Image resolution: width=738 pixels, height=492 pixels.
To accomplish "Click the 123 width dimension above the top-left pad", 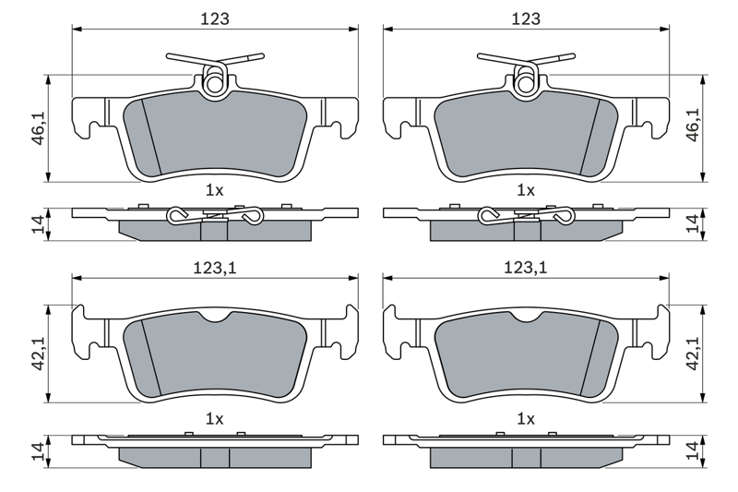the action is pyautogui.click(x=215, y=18).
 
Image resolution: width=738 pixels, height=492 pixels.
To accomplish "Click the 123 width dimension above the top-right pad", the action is pyautogui.click(x=526, y=18).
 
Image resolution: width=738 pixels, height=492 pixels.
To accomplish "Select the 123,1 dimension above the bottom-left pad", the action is pyautogui.click(x=215, y=268).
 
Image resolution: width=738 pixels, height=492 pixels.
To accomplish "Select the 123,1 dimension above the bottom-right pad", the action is pyautogui.click(x=526, y=268).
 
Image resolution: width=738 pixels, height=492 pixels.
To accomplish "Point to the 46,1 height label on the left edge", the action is pyautogui.click(x=39, y=128).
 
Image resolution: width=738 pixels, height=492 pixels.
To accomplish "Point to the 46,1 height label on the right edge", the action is pyautogui.click(x=694, y=125).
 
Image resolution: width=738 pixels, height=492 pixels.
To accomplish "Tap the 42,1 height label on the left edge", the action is pyautogui.click(x=39, y=354).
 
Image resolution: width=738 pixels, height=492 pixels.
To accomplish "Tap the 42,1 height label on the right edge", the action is pyautogui.click(x=694, y=354).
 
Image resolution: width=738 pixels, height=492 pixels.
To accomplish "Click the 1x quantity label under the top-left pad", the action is pyautogui.click(x=215, y=190).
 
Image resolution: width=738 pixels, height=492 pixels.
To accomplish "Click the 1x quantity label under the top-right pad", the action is pyautogui.click(x=526, y=190).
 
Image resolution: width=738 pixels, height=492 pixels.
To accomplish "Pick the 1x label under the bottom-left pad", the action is pyautogui.click(x=215, y=418).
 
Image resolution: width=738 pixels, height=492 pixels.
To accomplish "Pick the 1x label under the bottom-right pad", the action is pyautogui.click(x=526, y=418).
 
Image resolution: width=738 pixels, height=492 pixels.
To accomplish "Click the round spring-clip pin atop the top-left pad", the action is pyautogui.click(x=214, y=84).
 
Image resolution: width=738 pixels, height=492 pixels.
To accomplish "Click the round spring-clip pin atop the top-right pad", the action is pyautogui.click(x=525, y=84).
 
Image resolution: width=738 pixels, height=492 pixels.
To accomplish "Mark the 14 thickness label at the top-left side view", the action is pyautogui.click(x=39, y=224).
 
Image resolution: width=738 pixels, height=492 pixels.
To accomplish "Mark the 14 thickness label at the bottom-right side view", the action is pyautogui.click(x=694, y=451).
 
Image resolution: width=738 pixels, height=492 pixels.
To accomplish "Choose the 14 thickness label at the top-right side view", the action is pyautogui.click(x=694, y=223).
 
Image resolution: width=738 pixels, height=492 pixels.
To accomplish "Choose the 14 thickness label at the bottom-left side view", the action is pyautogui.click(x=39, y=451).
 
